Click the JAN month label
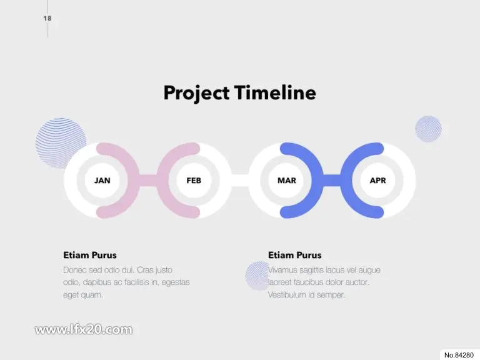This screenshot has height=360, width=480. tap(102, 181)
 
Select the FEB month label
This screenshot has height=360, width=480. tap(194, 181)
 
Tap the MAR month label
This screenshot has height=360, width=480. tap(287, 181)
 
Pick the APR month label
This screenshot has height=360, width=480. tap(377, 181)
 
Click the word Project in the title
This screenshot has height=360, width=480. tap(196, 93)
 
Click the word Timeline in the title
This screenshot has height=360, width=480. tap(275, 92)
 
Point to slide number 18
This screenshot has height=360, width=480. tap(47, 18)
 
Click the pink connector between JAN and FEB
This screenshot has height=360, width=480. tap(149, 180)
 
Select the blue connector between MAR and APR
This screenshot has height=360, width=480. tap(332, 180)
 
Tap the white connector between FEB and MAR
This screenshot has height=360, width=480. tap(240, 180)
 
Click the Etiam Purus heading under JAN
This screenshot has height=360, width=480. tap(90, 255)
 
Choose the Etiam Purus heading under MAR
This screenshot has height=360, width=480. tap(295, 255)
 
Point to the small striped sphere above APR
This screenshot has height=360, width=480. tap(429, 129)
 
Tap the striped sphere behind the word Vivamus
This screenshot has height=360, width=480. tap(256, 276)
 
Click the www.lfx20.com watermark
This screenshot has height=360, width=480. tap(84, 330)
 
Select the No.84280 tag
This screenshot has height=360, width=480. tap(459, 355)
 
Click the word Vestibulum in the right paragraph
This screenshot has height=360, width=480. tap(286, 295)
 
